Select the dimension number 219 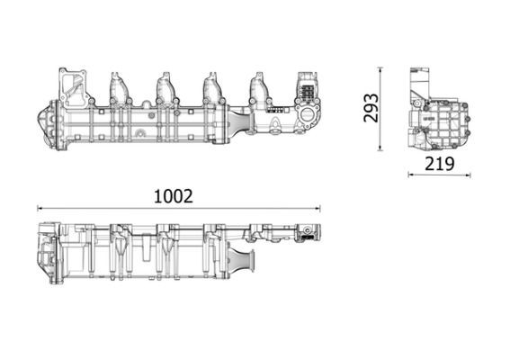coord(437,164)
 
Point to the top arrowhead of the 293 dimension coord(380,69)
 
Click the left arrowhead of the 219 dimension coord(411,175)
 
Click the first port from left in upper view coord(119,87)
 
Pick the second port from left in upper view coord(166,87)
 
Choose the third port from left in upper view coord(213,87)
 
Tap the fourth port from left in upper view coord(259,88)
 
